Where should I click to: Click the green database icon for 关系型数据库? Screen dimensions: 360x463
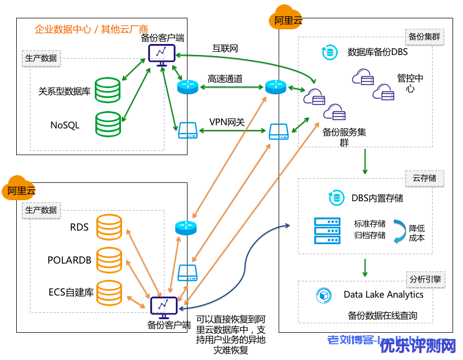pos(108,90)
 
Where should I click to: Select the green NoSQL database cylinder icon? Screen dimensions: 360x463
pos(108,124)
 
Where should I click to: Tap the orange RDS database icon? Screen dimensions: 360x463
pos(109,227)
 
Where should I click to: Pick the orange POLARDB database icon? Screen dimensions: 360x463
pos(109,259)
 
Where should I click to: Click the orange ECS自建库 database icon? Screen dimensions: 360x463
pos(109,292)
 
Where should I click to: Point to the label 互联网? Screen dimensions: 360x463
pos(225,49)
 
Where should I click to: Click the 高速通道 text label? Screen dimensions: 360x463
pos(225,79)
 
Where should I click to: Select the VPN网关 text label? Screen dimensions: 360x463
pos(227,122)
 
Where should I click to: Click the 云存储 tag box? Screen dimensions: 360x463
pos(425,178)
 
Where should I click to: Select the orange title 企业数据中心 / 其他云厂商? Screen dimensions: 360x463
pos(91,29)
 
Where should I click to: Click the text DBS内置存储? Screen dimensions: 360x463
pos(377,198)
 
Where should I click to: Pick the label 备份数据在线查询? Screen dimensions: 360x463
pos(382,315)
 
